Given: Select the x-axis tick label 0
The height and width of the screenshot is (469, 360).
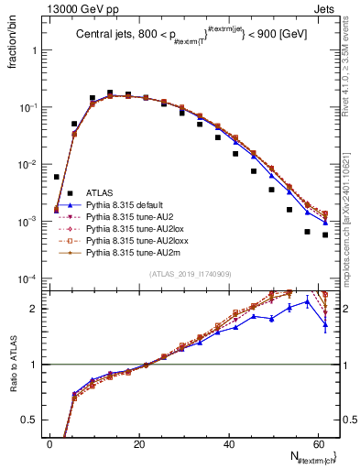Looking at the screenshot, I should click(x=49, y=443).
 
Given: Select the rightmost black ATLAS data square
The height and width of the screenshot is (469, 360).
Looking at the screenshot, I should click(x=325, y=234).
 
